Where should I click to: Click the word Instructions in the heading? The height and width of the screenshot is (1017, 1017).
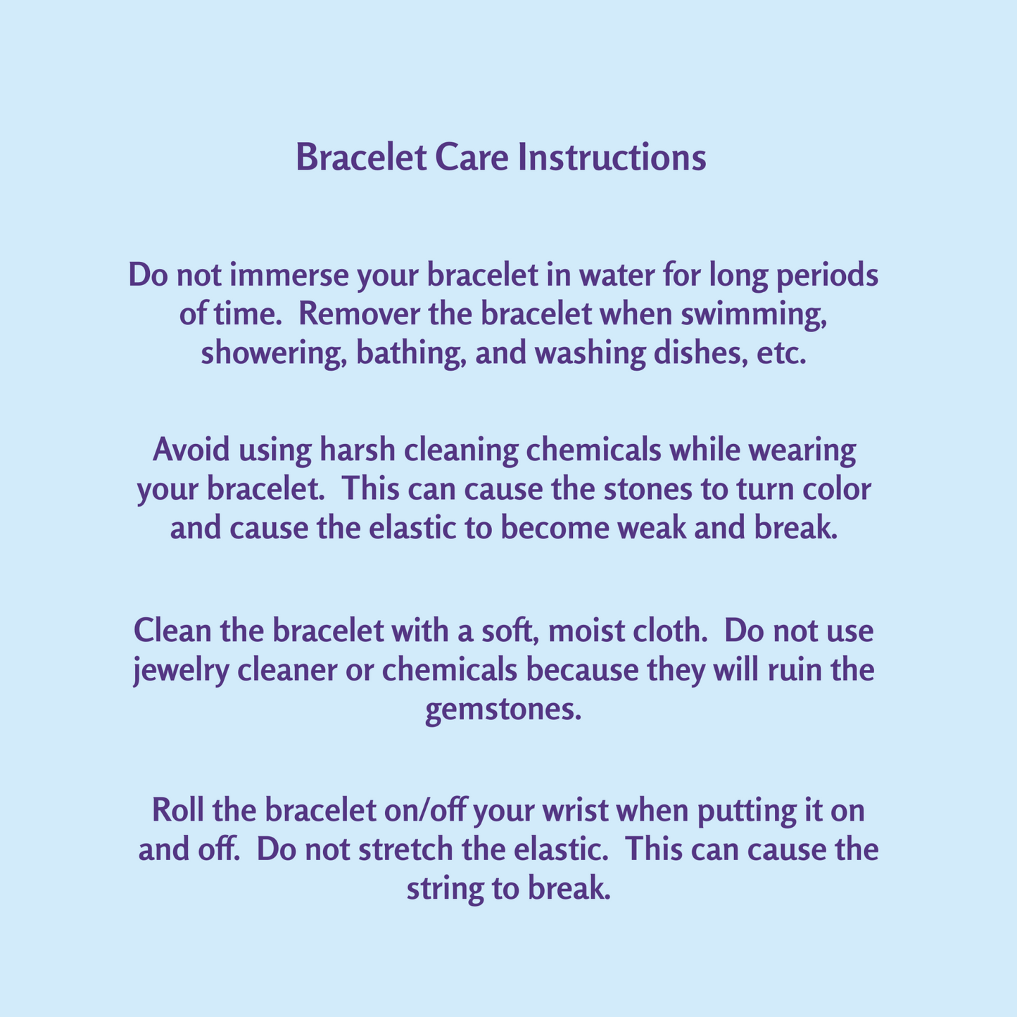(612, 158)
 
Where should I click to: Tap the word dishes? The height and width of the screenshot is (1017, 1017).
(696, 353)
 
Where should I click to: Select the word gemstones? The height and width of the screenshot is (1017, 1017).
(504, 710)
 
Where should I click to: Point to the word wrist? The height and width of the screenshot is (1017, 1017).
(578, 811)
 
